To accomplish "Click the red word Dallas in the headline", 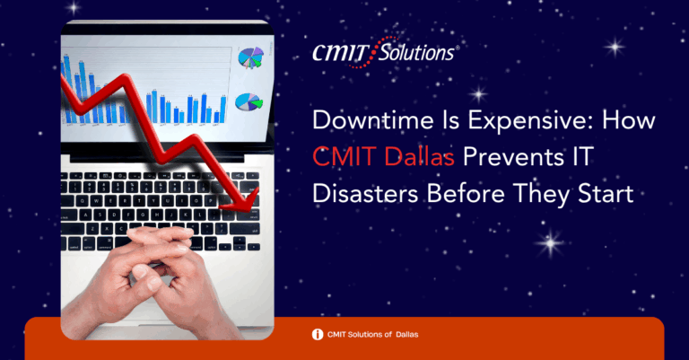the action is [x=419, y=156].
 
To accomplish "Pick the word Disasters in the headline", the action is [x=365, y=193].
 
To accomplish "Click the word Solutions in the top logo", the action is [x=415, y=53].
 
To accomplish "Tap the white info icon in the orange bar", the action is [x=318, y=335].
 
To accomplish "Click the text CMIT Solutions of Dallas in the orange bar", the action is [x=372, y=335].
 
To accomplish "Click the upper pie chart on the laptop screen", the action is [x=251, y=57].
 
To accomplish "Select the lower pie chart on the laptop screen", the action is [x=249, y=102].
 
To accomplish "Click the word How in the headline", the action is [x=628, y=120].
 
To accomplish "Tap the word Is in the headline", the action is [x=451, y=120].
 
